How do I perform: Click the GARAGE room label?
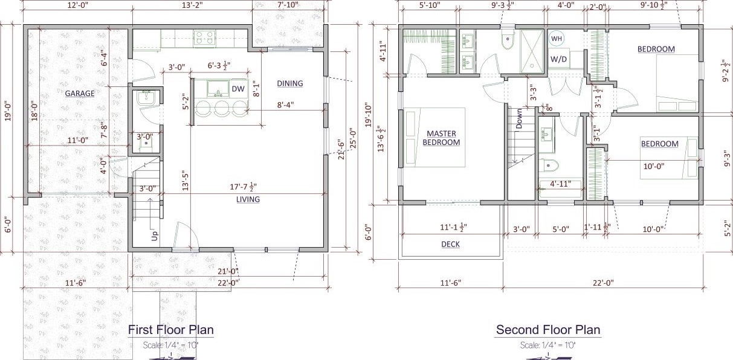80,94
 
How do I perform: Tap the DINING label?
290,83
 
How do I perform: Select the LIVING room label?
248,199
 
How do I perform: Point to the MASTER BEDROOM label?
441,138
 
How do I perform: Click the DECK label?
450,244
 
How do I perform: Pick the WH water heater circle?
557,39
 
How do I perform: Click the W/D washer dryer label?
558,59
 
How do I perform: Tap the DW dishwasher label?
238,89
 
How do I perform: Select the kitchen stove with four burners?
204,37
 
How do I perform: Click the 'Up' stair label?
155,236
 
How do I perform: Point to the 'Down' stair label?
519,119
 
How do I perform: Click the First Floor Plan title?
171,330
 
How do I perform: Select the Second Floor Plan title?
548,330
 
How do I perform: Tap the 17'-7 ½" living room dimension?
243,187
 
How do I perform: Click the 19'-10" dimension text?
369,115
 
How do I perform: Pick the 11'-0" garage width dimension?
78,141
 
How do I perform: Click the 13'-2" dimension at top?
192,5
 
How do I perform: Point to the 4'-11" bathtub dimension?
561,184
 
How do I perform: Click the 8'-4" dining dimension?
286,105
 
